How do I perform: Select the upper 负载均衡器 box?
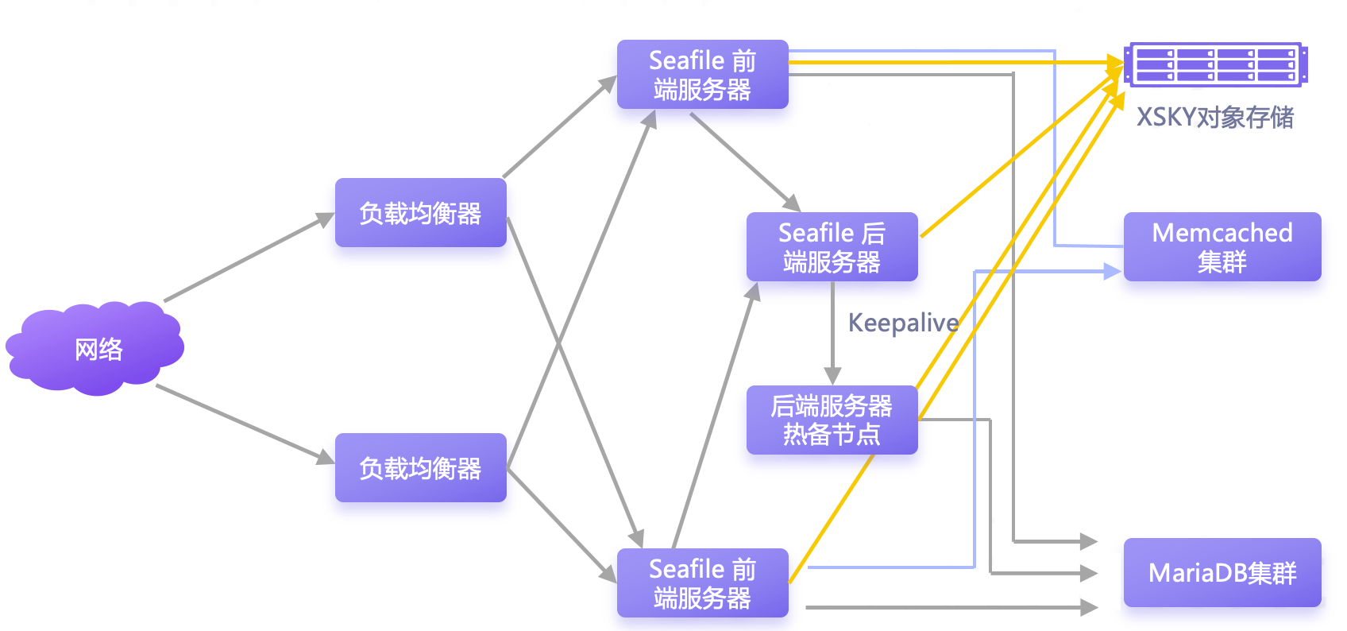(x=420, y=212)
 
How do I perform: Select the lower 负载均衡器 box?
(x=420, y=467)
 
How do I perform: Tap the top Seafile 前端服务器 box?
(x=702, y=74)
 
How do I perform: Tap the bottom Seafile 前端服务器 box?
(x=702, y=583)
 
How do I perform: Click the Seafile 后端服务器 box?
(x=832, y=246)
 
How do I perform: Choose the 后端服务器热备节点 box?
(x=832, y=420)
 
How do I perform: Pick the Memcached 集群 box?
(x=1222, y=246)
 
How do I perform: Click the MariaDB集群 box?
(x=1222, y=572)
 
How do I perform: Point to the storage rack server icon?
(x=1215, y=64)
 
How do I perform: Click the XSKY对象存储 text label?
(x=1215, y=118)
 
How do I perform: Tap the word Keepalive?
(x=903, y=323)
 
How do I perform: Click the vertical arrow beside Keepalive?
(x=832, y=334)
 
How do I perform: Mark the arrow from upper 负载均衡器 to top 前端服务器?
(x=559, y=128)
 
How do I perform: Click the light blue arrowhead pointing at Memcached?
(x=1112, y=272)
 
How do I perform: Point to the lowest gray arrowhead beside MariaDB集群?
(x=1089, y=607)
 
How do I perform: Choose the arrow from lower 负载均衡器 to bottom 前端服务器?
(x=561, y=524)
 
